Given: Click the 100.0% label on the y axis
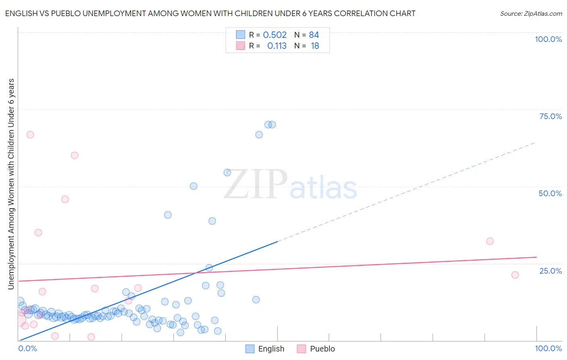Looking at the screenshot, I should (548, 39).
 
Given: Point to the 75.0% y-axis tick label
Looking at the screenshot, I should (550, 116).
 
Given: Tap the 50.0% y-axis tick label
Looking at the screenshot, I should (550, 193).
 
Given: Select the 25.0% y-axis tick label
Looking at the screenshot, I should (550, 271).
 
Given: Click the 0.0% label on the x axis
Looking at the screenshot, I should (28, 348).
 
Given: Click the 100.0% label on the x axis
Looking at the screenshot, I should (548, 348).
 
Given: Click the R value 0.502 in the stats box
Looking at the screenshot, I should (275, 35).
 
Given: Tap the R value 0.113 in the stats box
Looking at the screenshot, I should (277, 46).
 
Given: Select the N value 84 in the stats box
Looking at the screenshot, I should (314, 35).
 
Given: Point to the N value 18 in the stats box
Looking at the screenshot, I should (315, 46).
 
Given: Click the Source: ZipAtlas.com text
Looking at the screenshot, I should (531, 14).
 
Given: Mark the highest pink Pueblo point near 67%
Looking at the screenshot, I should (30, 135).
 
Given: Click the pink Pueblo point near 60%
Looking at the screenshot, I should (75, 155).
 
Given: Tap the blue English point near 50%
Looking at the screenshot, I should (194, 186).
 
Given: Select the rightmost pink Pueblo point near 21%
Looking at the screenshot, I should (515, 275).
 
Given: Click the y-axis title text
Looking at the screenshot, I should (11, 184).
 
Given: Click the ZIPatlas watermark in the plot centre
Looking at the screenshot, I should (290, 185).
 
